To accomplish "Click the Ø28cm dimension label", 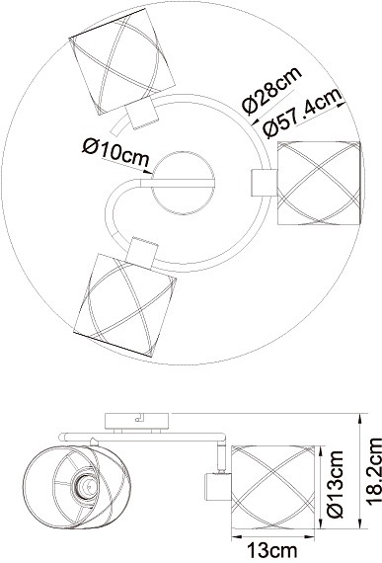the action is coord(271,91).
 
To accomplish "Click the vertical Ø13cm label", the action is coord(335,484).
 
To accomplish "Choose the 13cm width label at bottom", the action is coord(273,550).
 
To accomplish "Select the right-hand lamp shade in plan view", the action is coord(319,183).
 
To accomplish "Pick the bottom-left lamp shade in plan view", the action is coord(124,306).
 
